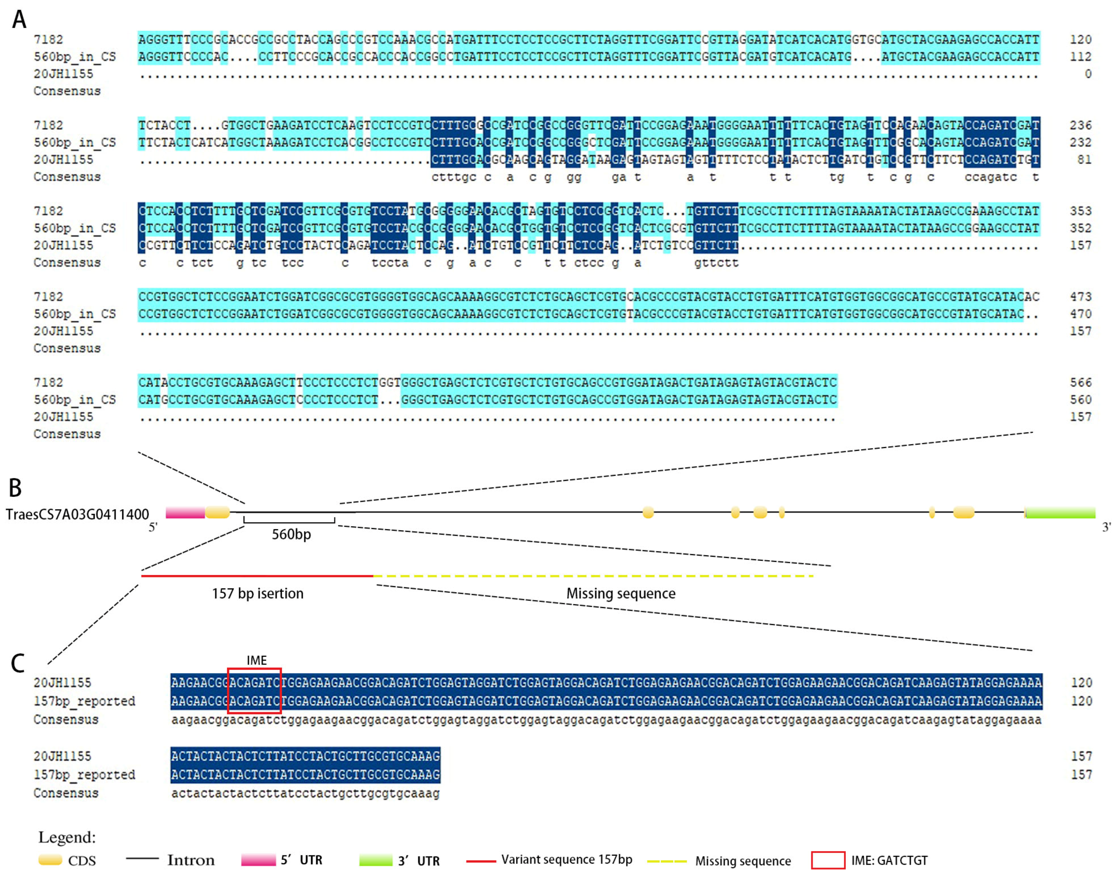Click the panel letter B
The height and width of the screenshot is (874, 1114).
pyautogui.click(x=15, y=488)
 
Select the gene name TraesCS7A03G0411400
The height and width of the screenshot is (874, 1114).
pyautogui.click(x=77, y=514)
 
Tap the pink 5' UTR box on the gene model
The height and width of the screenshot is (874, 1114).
pyautogui.click(x=185, y=512)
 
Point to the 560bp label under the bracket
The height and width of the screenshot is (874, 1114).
pyautogui.click(x=291, y=534)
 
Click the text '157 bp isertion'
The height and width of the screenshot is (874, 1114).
pyautogui.click(x=258, y=593)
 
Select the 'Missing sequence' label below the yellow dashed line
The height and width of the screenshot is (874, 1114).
pyautogui.click(x=620, y=593)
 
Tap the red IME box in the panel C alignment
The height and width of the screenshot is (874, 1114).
pyautogui.click(x=254, y=691)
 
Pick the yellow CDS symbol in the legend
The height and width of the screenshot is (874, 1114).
pyautogui.click(x=50, y=860)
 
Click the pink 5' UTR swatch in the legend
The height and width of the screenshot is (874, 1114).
pyautogui.click(x=258, y=860)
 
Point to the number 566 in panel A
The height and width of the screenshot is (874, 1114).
pyautogui.click(x=1080, y=382)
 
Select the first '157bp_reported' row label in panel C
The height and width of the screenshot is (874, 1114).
pyautogui.click(x=84, y=701)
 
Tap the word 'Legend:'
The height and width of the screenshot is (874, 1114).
pyautogui.click(x=67, y=837)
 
